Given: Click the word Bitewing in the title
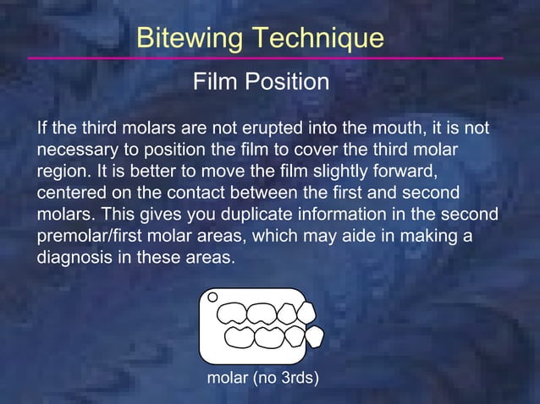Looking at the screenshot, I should (186, 38).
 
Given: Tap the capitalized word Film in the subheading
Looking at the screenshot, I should (215, 83).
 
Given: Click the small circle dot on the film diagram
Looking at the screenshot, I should (212, 298).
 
